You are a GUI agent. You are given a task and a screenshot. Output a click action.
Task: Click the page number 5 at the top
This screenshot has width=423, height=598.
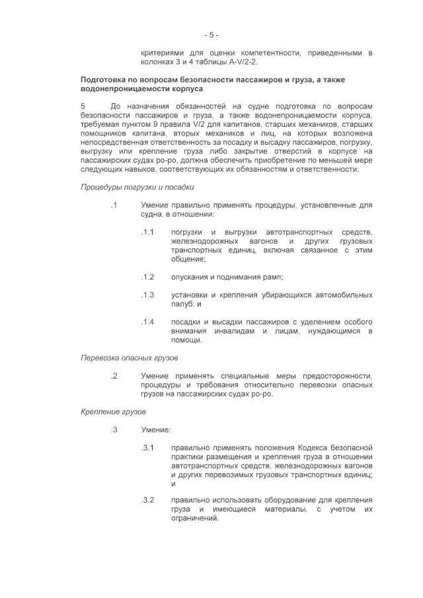[x=211, y=34]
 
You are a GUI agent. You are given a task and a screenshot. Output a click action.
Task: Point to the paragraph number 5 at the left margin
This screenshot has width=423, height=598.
[x=83, y=106]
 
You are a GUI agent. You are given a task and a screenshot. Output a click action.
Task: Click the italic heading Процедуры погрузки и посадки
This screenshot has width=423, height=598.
[x=132, y=187]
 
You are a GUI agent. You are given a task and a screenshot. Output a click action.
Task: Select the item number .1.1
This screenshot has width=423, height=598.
[x=147, y=233]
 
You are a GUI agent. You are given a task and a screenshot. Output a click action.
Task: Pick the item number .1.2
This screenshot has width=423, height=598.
[x=147, y=277]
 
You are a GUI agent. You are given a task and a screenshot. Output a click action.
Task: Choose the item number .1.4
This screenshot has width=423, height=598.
[x=147, y=322]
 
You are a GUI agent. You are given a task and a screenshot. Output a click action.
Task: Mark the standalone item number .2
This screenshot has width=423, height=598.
[x=114, y=376]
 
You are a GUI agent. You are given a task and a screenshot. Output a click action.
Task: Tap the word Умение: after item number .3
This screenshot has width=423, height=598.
[x=155, y=430]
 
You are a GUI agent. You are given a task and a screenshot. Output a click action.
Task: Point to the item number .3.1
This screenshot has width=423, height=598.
[x=147, y=448]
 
